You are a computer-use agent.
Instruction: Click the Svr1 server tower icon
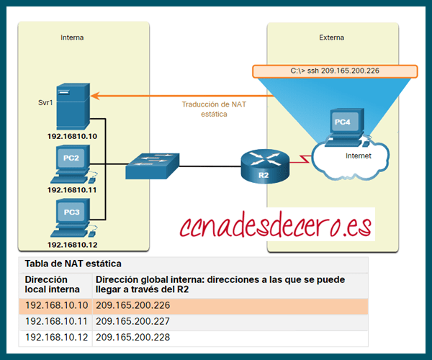(73, 106)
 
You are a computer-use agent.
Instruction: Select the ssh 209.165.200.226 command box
(334, 71)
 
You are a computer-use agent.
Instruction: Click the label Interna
(72, 37)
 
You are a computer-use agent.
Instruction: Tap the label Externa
(331, 37)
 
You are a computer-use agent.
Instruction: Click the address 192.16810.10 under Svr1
(72, 135)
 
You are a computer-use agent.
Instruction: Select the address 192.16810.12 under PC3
(72, 245)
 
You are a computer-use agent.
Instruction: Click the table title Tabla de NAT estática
(73, 264)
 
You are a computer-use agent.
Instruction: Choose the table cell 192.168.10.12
(56, 337)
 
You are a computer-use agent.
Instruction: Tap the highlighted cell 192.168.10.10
(56, 305)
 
